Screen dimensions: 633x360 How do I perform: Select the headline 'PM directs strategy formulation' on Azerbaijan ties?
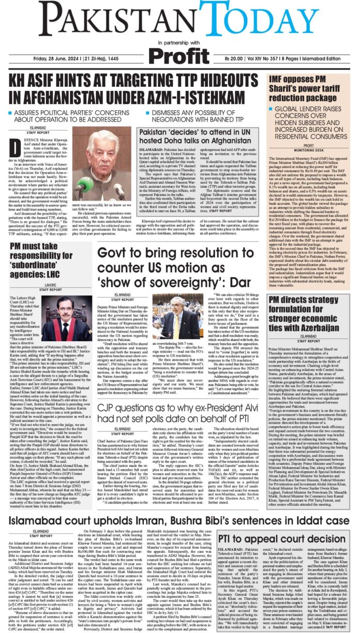[310, 308]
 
